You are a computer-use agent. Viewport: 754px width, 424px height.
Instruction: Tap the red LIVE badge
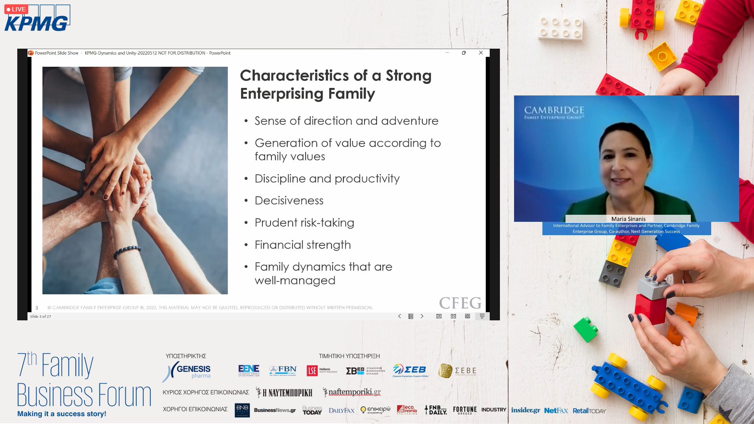coord(16,9)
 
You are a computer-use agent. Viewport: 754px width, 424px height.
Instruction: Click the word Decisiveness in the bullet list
coord(289,201)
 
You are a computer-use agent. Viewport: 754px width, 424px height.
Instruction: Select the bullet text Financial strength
coord(302,245)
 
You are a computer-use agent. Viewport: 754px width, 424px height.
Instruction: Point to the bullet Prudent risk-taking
coord(304,223)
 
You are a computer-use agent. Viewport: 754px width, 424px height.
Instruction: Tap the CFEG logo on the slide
coord(460,303)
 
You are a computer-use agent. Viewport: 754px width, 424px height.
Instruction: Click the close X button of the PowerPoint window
coord(481,53)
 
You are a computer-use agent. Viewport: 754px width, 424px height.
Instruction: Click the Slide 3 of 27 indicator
coord(40,316)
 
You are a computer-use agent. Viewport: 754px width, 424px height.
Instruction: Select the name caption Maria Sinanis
coord(628,219)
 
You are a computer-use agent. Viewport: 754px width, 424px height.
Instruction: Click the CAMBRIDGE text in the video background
coord(554,110)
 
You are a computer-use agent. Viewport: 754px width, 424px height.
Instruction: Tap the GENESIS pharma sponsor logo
coord(187,371)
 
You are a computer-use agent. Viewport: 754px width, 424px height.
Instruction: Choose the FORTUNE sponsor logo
coord(465,410)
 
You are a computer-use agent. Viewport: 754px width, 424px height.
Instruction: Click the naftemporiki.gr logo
coord(352,392)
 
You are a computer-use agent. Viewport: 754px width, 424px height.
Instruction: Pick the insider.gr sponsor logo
coord(525,410)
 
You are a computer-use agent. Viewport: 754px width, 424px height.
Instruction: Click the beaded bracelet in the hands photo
coord(127,250)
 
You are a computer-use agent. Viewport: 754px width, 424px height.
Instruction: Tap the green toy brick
coord(586,329)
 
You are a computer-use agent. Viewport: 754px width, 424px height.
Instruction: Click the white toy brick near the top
coord(560,27)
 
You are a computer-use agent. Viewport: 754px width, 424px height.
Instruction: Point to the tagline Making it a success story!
coord(62,414)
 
